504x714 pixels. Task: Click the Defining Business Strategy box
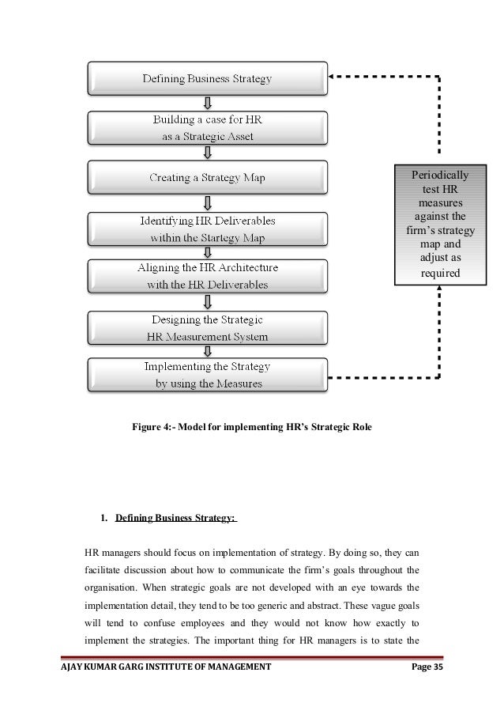coord(207,79)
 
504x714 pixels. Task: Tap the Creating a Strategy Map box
coord(207,178)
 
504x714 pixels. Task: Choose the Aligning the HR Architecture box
coord(207,276)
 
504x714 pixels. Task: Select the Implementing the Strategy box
coord(207,376)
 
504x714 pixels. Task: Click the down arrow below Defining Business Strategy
coord(208,104)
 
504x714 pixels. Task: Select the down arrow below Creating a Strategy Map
coord(208,202)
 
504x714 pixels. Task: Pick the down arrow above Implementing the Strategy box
coord(208,350)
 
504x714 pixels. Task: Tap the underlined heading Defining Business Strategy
coord(175,519)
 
